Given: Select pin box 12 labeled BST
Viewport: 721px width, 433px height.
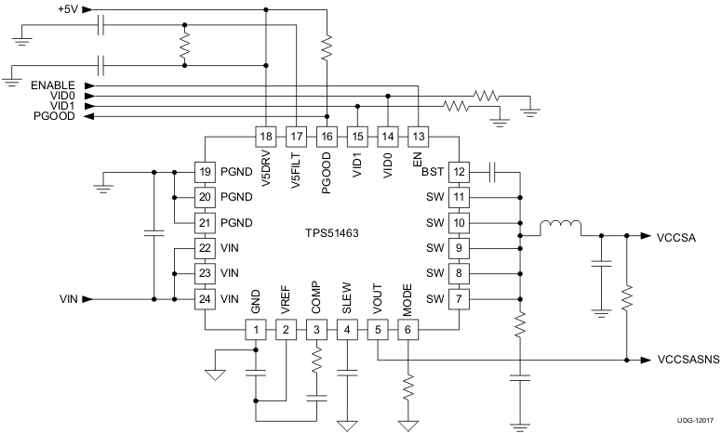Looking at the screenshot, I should click(x=458, y=172).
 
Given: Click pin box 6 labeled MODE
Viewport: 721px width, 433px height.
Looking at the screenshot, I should click(x=407, y=330).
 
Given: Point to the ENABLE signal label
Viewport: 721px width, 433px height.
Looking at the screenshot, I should click(x=55, y=84).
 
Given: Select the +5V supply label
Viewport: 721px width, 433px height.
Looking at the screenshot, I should click(x=68, y=9).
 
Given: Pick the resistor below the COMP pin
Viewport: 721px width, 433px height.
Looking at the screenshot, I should click(x=316, y=360).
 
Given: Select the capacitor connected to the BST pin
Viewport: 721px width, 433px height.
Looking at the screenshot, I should click(x=492, y=172).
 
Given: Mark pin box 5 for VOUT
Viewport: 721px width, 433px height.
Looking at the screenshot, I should click(x=377, y=330).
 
